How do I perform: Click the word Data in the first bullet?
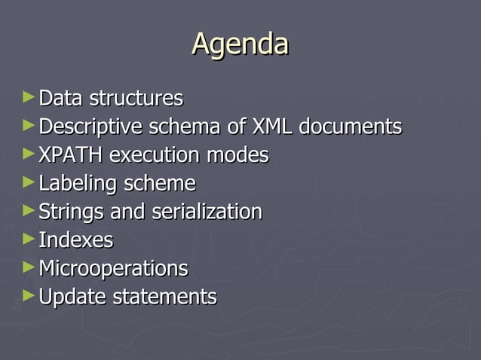61,99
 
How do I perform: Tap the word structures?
136,99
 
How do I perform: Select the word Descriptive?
94,127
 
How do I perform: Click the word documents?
350,127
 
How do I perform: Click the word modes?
240,155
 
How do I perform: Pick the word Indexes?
75,240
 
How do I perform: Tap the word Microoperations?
113,269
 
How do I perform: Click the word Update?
72,297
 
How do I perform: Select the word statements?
164,297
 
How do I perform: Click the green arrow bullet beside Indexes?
29,239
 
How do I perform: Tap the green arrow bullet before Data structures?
29,97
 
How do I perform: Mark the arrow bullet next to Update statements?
29,295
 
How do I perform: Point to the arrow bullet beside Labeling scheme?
29,182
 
